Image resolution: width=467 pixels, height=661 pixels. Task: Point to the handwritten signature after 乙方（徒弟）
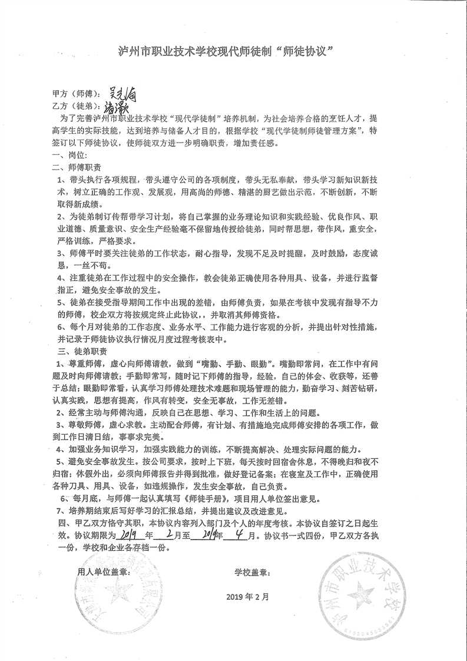coord(117,107)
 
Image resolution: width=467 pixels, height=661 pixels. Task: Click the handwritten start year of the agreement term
coord(128,535)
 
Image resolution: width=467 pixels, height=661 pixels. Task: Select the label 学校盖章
coord(253,572)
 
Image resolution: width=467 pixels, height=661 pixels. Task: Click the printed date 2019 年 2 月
coord(247,596)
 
